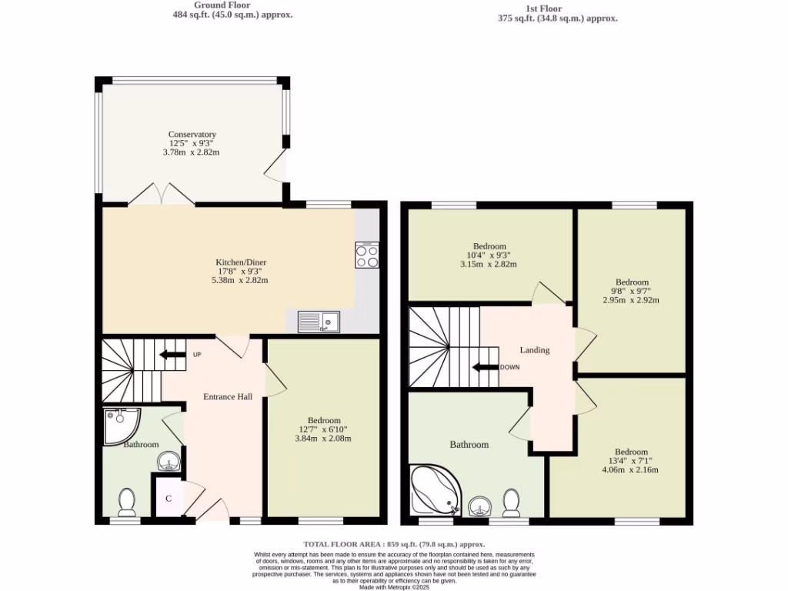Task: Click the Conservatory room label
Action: click(x=192, y=135)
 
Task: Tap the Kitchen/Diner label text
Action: click(x=240, y=262)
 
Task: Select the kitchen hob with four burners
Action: click(x=366, y=255)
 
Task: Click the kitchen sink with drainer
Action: click(x=319, y=320)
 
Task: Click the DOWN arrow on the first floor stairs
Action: click(x=486, y=367)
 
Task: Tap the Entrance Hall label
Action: click(x=228, y=396)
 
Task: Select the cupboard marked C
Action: click(x=168, y=498)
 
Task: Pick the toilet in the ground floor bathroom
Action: click(x=127, y=504)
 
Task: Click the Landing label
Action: click(x=534, y=350)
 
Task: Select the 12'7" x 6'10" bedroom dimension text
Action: click(x=322, y=434)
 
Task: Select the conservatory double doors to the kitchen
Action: click(x=162, y=195)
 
